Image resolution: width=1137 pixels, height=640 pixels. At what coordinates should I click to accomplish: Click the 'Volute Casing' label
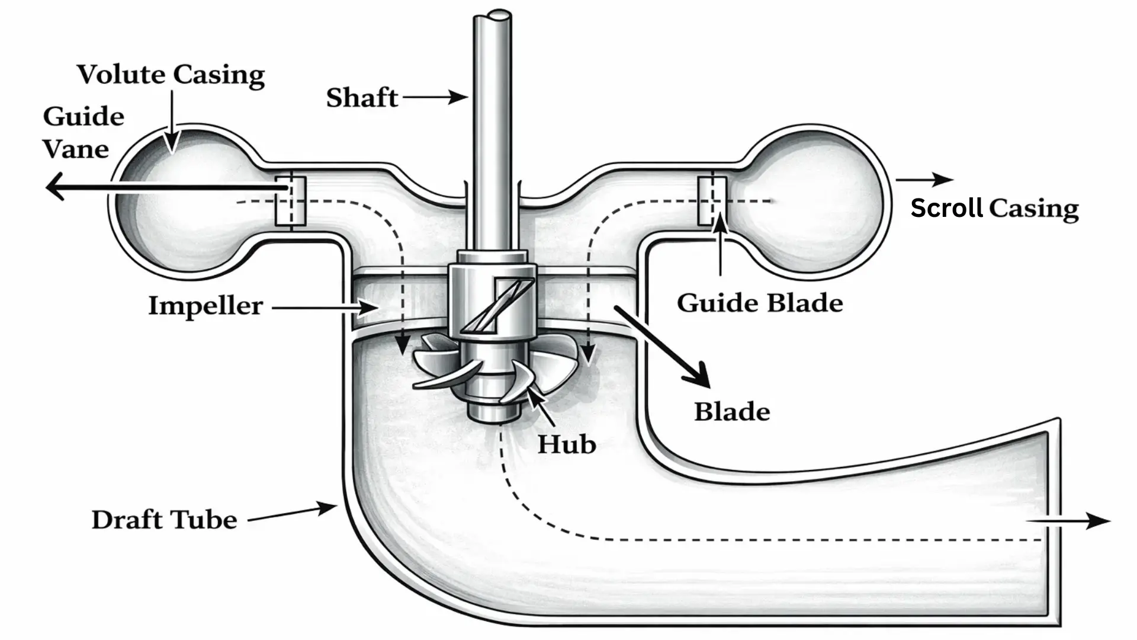click(x=171, y=75)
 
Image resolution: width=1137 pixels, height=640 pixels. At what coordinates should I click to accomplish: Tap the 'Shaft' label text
click(x=362, y=98)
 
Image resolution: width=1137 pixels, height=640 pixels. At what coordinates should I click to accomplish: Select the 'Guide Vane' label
click(x=83, y=133)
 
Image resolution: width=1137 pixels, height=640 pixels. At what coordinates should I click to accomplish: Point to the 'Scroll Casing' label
click(x=994, y=209)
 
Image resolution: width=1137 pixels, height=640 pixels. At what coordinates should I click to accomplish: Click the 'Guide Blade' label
click(x=760, y=303)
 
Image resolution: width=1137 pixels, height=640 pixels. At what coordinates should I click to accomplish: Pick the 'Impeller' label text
click(x=205, y=306)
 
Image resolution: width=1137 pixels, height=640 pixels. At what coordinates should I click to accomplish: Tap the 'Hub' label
click(x=566, y=444)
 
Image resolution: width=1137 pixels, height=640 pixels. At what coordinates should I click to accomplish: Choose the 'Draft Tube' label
click(x=164, y=520)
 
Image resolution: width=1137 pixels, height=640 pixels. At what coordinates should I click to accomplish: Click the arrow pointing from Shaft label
click(x=435, y=97)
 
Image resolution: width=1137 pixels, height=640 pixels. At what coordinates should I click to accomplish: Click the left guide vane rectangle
click(x=290, y=201)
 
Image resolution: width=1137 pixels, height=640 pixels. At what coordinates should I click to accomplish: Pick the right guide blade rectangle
click(x=711, y=200)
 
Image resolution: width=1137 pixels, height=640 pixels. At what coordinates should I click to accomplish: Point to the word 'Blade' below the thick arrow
click(x=732, y=412)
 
